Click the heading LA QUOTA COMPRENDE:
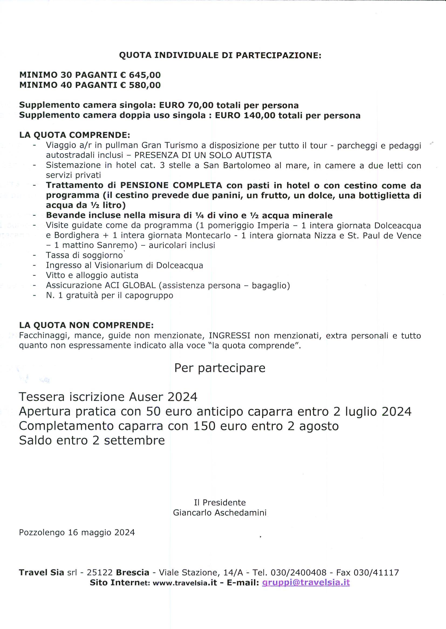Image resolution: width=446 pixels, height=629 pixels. (74, 135)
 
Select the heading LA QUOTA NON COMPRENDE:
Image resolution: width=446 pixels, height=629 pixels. (86, 325)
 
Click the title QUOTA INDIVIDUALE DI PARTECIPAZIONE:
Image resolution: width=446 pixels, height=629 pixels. (220, 55)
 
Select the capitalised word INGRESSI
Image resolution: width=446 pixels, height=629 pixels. (230, 335)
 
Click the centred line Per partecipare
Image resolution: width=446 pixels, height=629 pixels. (220, 368)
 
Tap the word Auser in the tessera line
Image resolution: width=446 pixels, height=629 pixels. (145, 397)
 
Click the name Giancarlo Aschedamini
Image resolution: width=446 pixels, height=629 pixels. (220, 513)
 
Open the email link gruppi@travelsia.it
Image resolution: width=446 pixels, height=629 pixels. (306, 582)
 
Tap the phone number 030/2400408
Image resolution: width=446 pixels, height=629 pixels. (298, 572)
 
